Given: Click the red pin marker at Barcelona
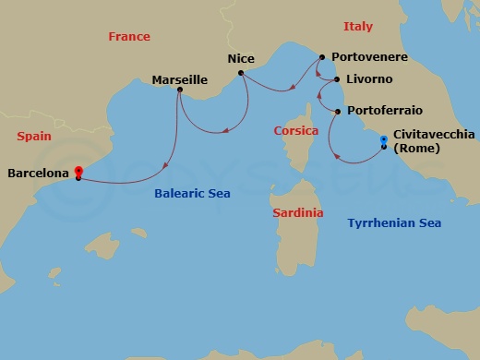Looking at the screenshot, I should click(78, 172).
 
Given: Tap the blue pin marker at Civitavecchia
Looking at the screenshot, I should click(383, 140).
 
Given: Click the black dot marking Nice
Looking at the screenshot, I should click(239, 72).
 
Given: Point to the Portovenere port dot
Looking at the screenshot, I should click(320, 57).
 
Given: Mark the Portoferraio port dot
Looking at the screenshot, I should click(337, 113).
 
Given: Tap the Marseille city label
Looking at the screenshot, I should click(180, 80).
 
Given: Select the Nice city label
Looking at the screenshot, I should click(241, 58).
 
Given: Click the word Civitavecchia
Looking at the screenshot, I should click(434, 134).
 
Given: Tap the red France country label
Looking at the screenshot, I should click(129, 37).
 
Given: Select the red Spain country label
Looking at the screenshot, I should click(35, 136).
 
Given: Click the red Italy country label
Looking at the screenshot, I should click(357, 27).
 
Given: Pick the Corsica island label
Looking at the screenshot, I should click(296, 131).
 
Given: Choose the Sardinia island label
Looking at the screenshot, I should click(298, 212).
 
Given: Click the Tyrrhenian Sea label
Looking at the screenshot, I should click(394, 222).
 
